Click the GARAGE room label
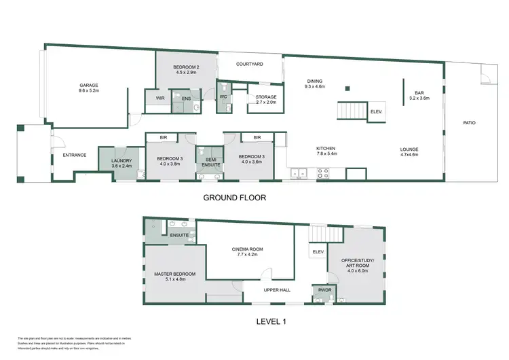tap(89, 86)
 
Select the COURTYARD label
tap(249, 65)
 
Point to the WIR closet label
tap(160, 98)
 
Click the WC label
tap(223, 97)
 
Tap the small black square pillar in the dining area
tap(347, 88)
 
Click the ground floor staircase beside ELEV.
tap(352, 110)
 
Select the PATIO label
tap(469, 123)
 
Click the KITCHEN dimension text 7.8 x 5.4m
tap(326, 155)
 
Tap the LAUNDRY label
tap(121, 161)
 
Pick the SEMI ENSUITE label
tap(208, 161)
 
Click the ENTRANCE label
tap(75, 155)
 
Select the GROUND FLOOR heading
tap(235, 198)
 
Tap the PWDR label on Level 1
tap(320, 289)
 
